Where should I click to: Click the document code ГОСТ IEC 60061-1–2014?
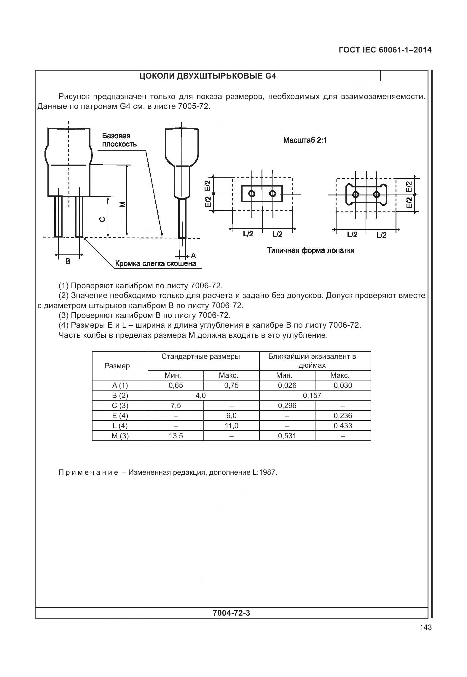385,50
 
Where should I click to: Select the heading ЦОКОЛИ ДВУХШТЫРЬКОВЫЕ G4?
208,76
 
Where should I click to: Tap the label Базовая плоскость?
119,140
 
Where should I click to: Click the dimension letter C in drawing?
102,219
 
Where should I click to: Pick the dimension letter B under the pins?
68,261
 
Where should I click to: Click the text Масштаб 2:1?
305,140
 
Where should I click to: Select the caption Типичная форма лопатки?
310,251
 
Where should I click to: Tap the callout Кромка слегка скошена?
155,264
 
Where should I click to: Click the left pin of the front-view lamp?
59,216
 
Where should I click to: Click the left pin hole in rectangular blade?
252,194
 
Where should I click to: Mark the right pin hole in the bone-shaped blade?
376,195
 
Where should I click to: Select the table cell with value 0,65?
176,386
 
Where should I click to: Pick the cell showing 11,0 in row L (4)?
231,426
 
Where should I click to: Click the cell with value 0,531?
287,436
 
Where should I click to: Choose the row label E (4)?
120,416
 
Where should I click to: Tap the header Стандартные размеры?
200,356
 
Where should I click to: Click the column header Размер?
117,366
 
